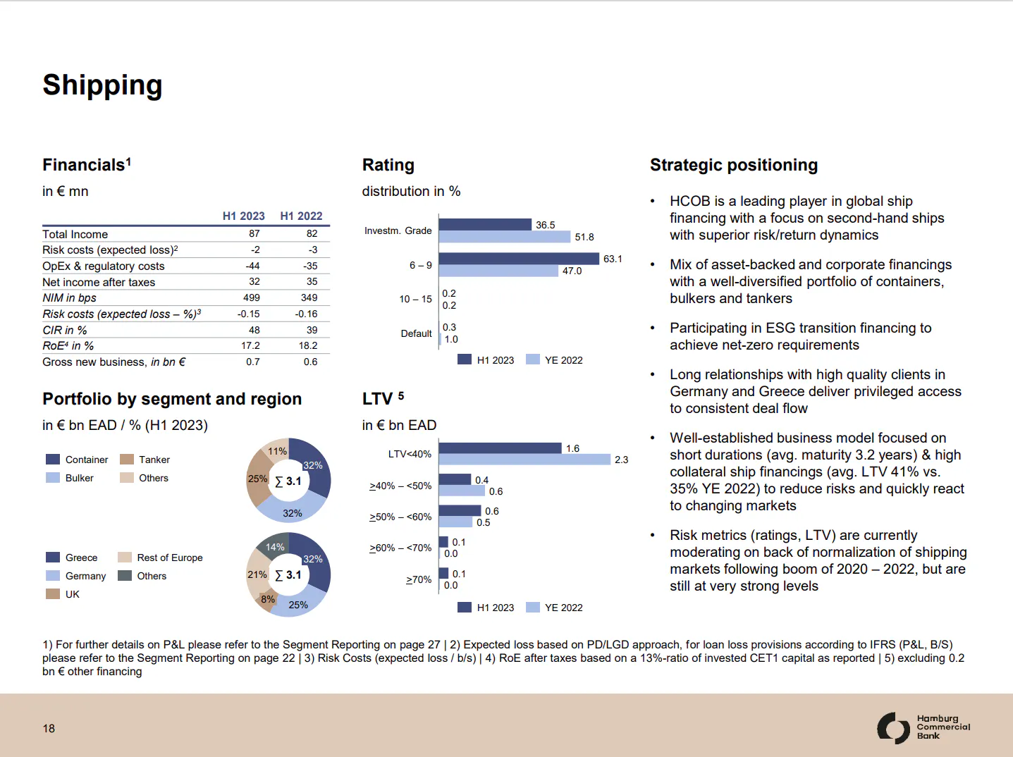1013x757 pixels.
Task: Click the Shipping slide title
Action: point(102,85)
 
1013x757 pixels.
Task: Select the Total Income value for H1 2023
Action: point(254,233)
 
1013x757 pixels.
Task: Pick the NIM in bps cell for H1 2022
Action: point(309,297)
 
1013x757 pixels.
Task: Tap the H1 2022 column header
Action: point(301,216)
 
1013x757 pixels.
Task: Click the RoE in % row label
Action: point(68,346)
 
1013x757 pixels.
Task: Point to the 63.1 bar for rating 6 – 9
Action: point(519,259)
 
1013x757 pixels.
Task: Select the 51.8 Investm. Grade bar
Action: point(504,237)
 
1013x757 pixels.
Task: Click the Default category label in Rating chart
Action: point(416,333)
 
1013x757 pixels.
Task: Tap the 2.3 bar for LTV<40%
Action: point(524,460)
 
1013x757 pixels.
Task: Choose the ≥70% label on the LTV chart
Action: point(419,579)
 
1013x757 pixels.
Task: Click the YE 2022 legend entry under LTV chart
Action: point(555,608)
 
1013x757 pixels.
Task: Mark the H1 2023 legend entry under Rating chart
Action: point(486,360)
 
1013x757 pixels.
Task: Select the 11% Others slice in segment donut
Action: point(276,450)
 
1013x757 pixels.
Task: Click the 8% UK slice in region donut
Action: point(267,600)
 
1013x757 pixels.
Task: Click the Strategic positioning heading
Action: point(733,165)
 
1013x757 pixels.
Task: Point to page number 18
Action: point(49,728)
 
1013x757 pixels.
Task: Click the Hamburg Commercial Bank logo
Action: point(923,727)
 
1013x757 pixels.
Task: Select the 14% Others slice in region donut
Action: point(274,546)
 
